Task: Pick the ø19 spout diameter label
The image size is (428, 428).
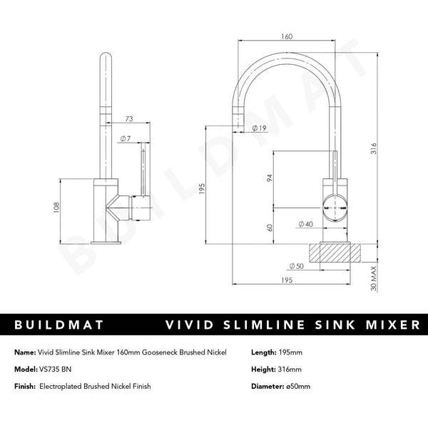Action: pyautogui.click(x=260, y=128)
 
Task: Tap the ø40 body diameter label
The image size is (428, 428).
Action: pyautogui.click(x=305, y=225)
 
